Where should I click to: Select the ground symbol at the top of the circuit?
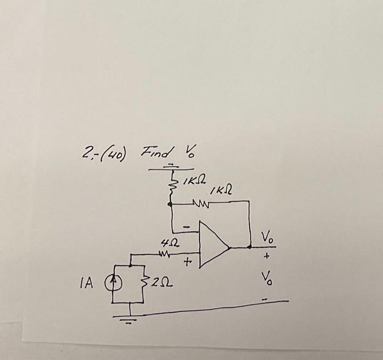click(171, 166)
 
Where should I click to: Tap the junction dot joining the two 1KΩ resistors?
click(171, 204)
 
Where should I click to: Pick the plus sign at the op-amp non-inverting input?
click(188, 263)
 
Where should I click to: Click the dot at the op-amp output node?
click(250, 247)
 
